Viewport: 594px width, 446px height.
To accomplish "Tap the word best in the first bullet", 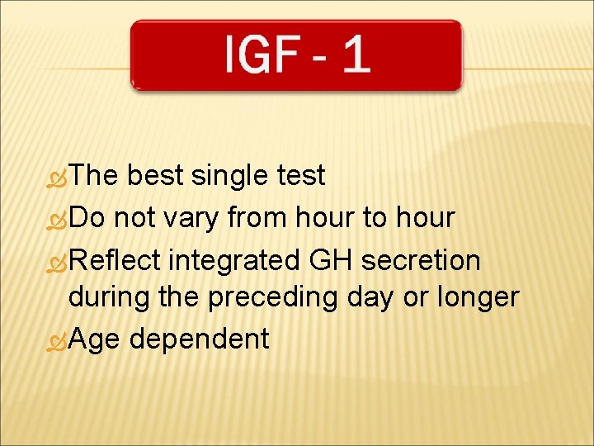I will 156,175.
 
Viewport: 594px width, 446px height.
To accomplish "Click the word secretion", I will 421,260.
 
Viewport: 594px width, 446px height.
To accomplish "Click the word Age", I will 95,339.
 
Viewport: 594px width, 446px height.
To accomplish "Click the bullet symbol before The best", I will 58,177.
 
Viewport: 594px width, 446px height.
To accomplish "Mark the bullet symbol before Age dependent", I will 58,340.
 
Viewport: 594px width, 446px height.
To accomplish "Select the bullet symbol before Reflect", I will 58,262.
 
